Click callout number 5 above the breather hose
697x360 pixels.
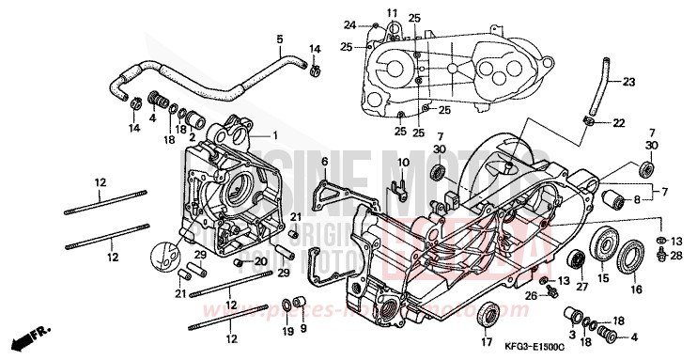(279, 39)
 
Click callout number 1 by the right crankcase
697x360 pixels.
(275, 135)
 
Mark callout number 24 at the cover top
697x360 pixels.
(349, 24)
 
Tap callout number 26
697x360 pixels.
(530, 296)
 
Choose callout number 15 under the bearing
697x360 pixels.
(603, 278)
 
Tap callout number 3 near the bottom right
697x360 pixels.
(570, 333)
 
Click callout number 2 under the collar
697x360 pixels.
(193, 138)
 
